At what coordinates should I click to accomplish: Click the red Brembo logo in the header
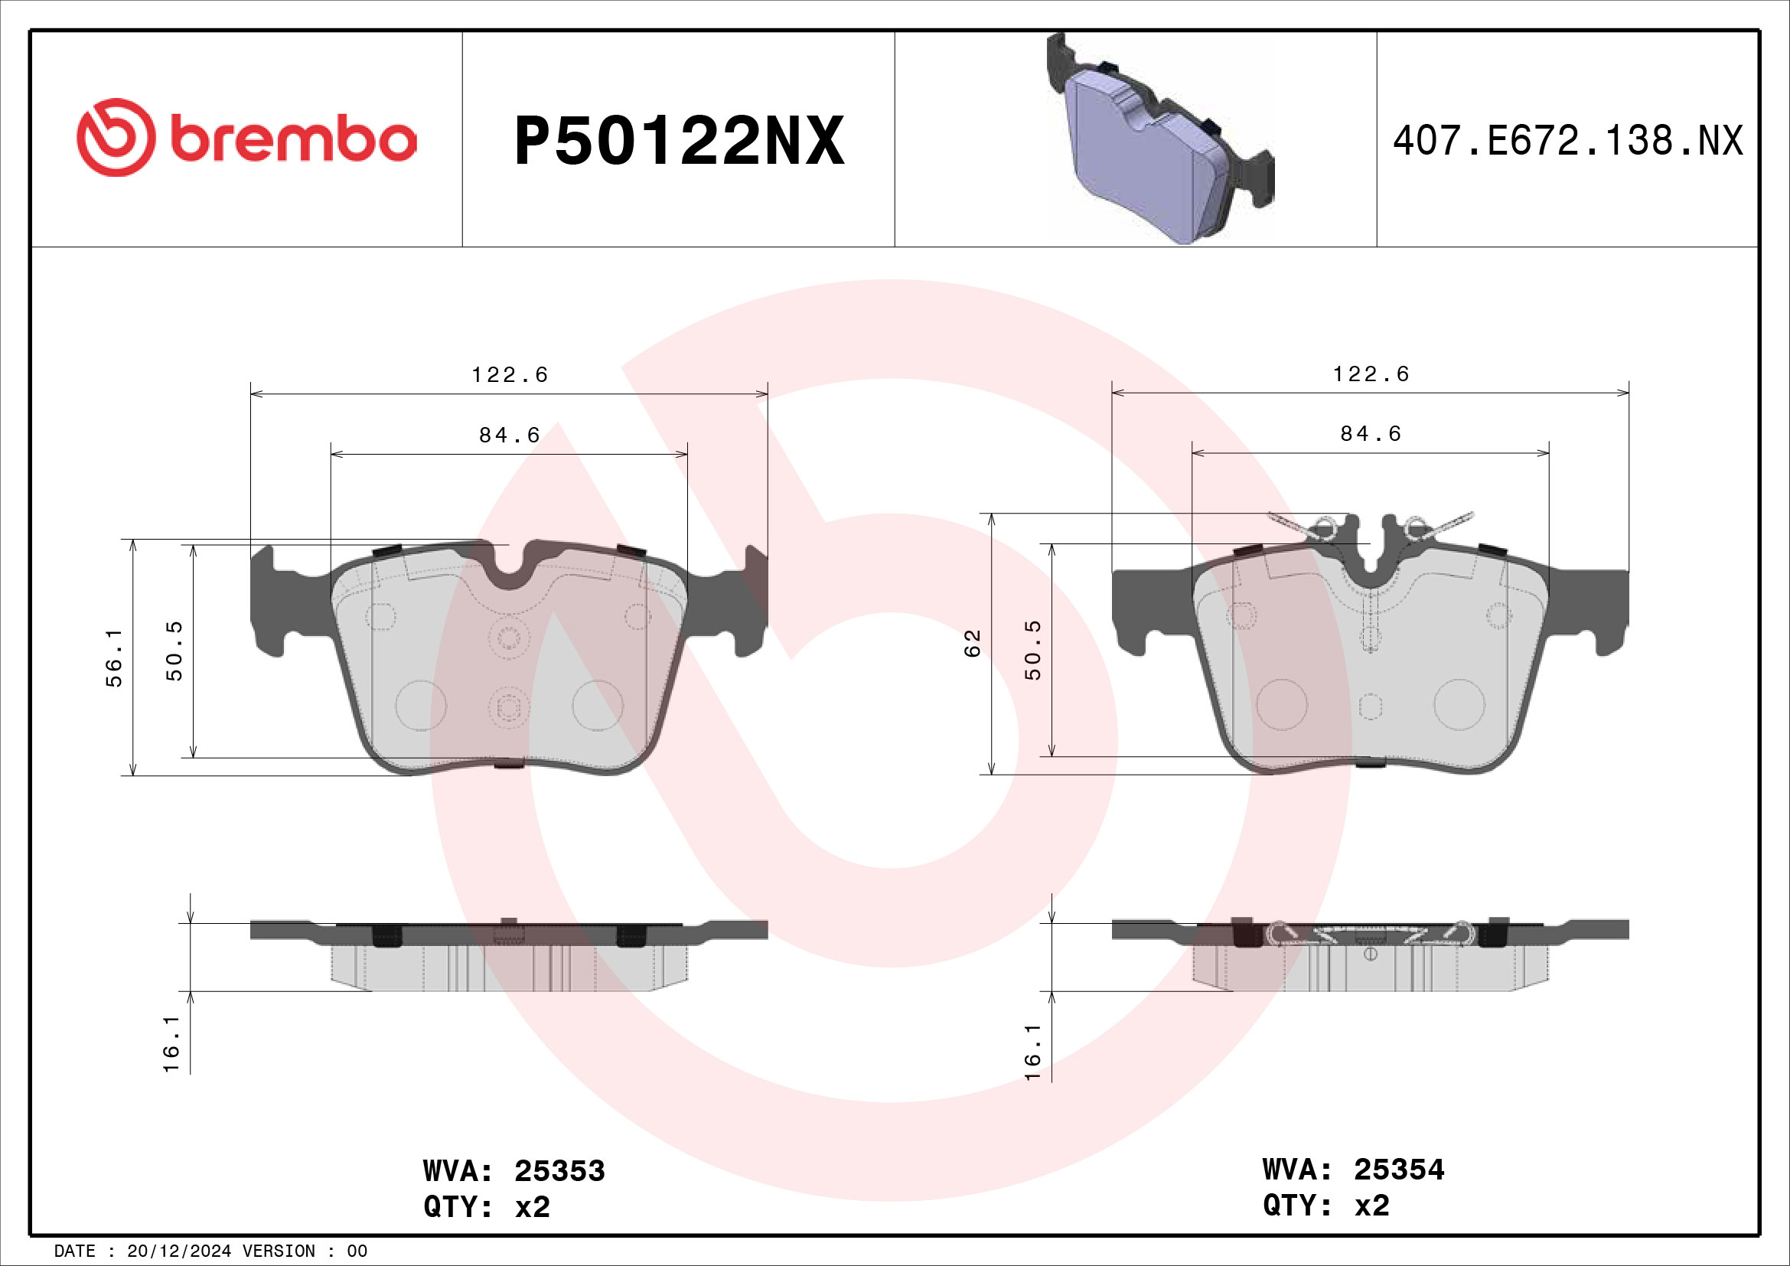pyautogui.click(x=246, y=137)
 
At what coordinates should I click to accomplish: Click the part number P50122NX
pyautogui.click(x=679, y=141)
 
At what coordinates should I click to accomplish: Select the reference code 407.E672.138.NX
pyautogui.click(x=1567, y=141)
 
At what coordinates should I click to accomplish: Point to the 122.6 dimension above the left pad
pyautogui.click(x=510, y=375)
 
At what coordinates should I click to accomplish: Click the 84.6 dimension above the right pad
pyautogui.click(x=1371, y=433)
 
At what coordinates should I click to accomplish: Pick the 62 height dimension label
pyautogui.click(x=972, y=643)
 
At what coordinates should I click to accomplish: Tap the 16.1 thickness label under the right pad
pyautogui.click(x=1032, y=1052)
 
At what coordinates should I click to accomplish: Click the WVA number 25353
pyautogui.click(x=559, y=1171)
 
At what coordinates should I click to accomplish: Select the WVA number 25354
pyautogui.click(x=1399, y=1170)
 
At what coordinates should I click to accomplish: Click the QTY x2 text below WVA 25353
pyautogui.click(x=487, y=1207)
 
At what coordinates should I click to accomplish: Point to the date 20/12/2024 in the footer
pyautogui.click(x=178, y=1251)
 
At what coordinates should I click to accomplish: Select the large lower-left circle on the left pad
pyautogui.click(x=421, y=705)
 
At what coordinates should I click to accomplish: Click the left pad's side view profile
pyautogui.click(x=509, y=956)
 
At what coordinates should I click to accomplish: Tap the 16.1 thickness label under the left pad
pyautogui.click(x=171, y=1044)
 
